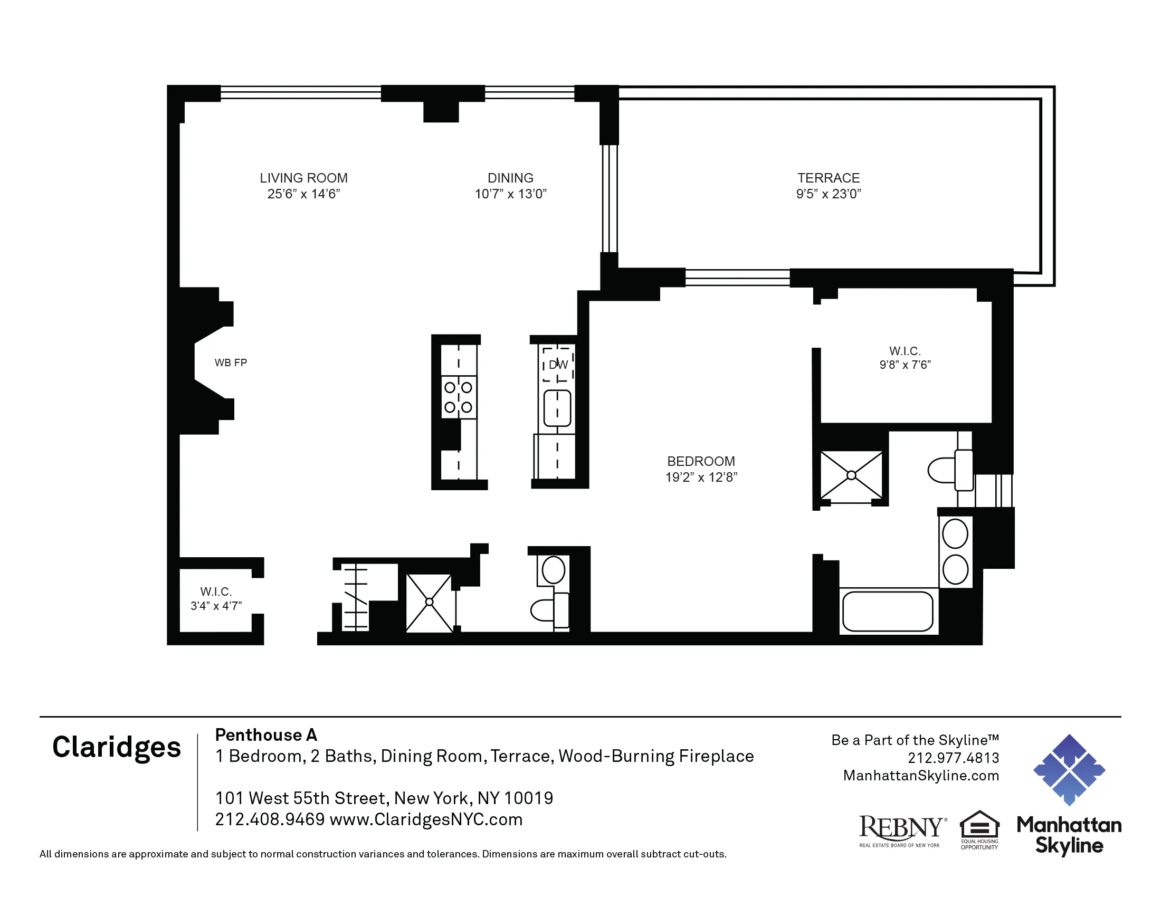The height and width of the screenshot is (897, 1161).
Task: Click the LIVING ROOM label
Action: click(x=303, y=178)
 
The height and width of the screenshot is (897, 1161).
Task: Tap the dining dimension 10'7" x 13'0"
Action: click(x=510, y=194)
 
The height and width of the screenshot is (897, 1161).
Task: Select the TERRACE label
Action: click(x=828, y=178)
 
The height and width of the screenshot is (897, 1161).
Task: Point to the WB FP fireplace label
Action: click(x=231, y=363)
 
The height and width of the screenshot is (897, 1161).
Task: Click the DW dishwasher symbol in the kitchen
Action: click(x=558, y=365)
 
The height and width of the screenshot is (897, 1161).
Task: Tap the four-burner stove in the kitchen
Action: click(x=458, y=397)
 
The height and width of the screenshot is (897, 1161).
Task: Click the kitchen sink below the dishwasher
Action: click(x=557, y=408)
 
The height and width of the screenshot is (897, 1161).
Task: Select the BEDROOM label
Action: click(x=701, y=461)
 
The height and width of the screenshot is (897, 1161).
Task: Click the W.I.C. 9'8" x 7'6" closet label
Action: click(x=905, y=358)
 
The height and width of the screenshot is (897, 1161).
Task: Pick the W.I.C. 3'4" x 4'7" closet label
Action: click(x=216, y=598)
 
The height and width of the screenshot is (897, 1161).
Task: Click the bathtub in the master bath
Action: click(x=888, y=611)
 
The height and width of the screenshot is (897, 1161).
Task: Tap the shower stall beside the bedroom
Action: click(x=851, y=475)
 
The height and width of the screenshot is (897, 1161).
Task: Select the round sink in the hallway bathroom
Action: click(x=554, y=570)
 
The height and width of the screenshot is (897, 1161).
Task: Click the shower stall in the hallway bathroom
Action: click(x=429, y=602)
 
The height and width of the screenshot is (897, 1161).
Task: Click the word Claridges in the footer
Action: click(x=117, y=747)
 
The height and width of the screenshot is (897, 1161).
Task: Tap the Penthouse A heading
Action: click(x=266, y=735)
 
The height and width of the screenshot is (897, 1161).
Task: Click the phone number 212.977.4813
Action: click(x=953, y=758)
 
